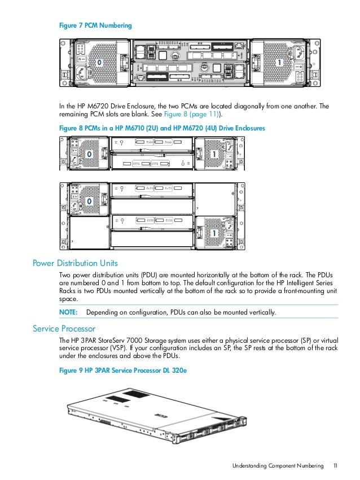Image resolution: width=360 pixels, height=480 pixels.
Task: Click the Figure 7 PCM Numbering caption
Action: coord(96,25)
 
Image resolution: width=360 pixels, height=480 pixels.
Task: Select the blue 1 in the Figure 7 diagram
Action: coord(278,62)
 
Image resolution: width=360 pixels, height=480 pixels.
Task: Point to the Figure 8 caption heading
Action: coord(162,129)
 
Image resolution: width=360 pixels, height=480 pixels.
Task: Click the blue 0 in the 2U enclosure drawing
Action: coord(87,154)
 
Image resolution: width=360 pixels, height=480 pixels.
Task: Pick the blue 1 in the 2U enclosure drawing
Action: coord(214,154)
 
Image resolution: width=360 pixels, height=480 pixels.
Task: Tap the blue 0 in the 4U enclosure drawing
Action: coord(88,201)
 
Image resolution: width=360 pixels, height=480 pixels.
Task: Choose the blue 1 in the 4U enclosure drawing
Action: coord(214,232)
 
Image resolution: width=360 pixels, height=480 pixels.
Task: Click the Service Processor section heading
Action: coord(63,328)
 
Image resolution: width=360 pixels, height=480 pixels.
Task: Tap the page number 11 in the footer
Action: coord(335,466)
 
